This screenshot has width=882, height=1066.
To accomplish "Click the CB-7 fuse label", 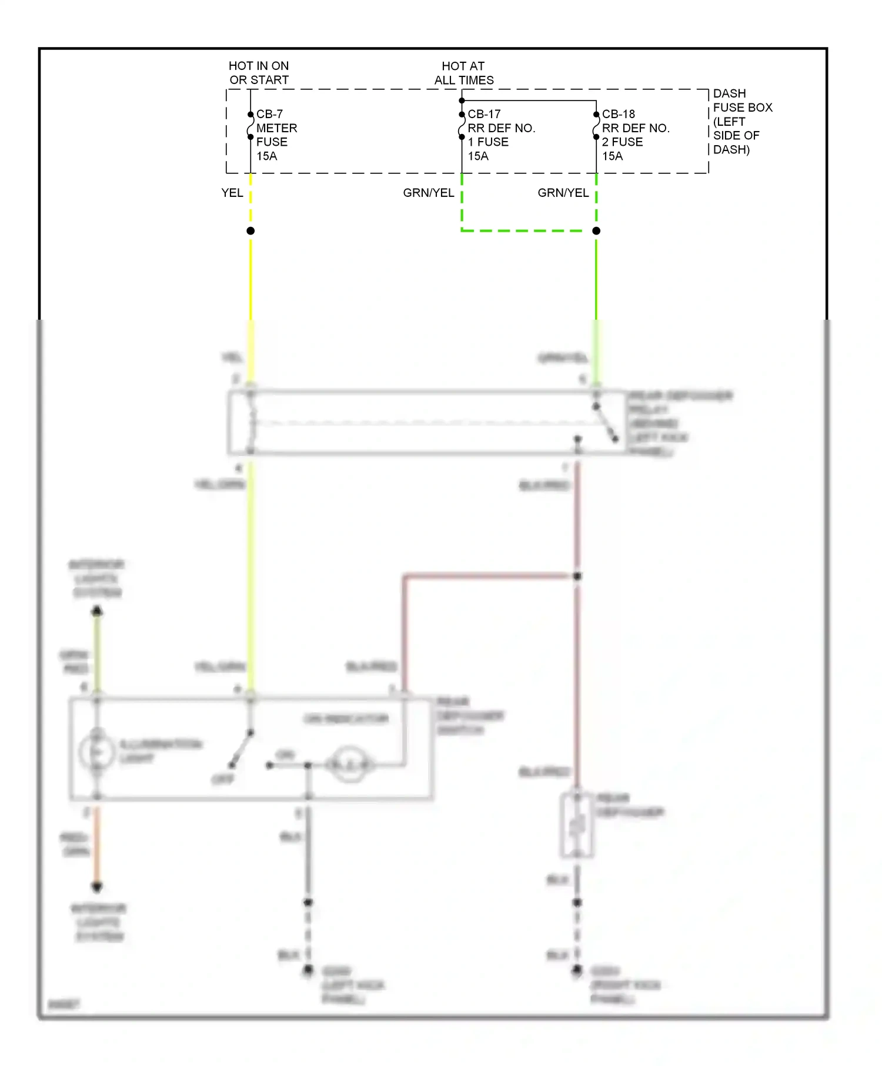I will coord(269,114).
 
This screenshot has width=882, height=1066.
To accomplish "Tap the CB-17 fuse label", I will coord(484,114).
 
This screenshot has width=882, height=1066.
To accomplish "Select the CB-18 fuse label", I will coord(618,114).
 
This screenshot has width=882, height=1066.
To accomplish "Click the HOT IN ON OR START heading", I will coord(259,73).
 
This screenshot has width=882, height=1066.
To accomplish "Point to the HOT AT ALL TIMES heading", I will coord(463,73).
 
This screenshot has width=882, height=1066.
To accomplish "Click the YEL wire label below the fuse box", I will coord(232,193).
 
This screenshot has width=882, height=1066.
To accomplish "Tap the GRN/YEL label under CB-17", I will coord(428,193).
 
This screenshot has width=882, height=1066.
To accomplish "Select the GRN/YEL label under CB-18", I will coord(563,193).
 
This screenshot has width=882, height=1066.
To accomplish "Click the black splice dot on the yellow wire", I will coord(250,231).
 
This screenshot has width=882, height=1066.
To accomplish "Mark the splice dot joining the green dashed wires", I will coord(596,231).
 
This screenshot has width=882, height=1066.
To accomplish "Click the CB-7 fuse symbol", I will coord(250,126).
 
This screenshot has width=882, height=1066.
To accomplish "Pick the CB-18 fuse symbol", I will coord(596,126).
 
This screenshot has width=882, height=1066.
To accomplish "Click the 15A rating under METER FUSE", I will coord(266,156).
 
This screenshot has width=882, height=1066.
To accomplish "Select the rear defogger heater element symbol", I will coord(577,825).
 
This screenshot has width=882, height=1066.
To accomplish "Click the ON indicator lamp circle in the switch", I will coord(350,765).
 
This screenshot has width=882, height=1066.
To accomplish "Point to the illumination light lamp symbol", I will coord(97,752).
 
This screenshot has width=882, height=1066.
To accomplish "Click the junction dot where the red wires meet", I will coord(577,576).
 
